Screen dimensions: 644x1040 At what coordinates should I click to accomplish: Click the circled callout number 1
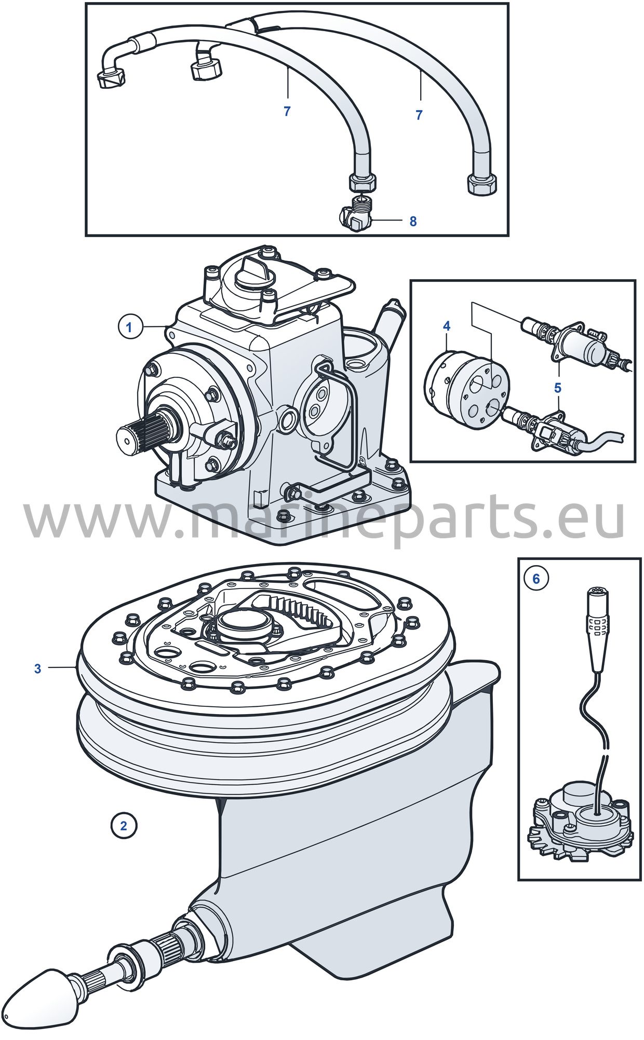point(129,327)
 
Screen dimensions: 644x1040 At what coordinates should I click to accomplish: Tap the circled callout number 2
point(124,825)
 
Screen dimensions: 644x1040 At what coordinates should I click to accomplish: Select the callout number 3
point(37,668)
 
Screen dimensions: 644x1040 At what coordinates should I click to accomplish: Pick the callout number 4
point(447,326)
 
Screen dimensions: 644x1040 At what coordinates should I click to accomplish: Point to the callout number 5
point(558,388)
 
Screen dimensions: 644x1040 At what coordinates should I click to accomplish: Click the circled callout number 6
point(536,579)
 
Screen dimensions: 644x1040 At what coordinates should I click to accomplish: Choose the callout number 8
point(413,221)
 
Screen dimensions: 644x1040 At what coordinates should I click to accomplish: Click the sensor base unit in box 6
point(581,824)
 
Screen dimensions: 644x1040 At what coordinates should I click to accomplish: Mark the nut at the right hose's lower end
point(482,185)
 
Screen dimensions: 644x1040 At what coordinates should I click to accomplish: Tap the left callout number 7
point(287,111)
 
